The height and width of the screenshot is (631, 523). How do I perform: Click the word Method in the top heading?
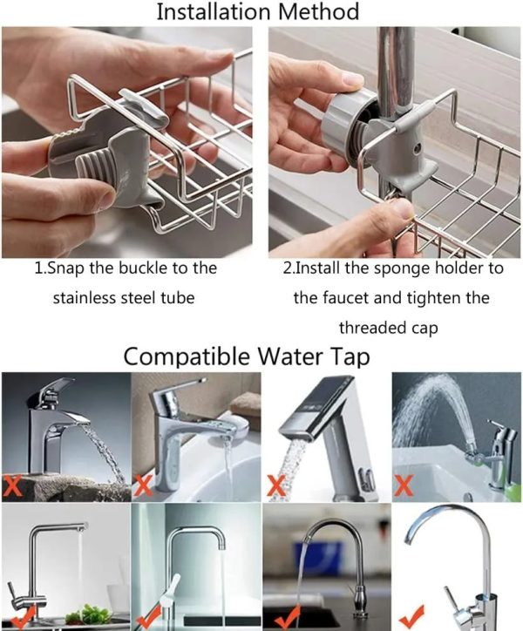tap(318, 11)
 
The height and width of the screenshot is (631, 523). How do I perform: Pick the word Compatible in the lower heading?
tap(187, 356)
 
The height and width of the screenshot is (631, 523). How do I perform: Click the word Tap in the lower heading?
tap(350, 357)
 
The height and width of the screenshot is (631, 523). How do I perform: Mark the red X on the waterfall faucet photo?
tap(12, 485)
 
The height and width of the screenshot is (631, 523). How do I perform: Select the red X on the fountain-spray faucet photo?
tap(403, 485)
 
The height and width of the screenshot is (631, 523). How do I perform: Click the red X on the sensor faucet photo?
tap(277, 485)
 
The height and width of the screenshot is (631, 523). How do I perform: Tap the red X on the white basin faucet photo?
tap(143, 485)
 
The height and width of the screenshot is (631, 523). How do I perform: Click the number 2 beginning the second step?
tap(287, 268)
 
